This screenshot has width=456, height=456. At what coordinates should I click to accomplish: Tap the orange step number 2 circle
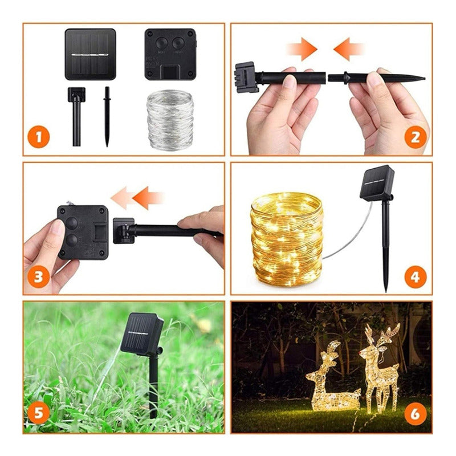click(x=416, y=137)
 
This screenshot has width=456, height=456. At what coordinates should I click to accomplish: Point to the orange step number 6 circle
click(x=416, y=414)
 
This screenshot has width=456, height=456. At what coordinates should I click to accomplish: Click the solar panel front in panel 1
click(x=90, y=54)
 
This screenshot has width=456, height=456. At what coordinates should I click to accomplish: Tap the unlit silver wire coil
click(x=170, y=119)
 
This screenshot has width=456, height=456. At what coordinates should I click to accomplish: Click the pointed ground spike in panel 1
click(x=107, y=116)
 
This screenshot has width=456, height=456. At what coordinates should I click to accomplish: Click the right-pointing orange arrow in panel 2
click(x=303, y=50)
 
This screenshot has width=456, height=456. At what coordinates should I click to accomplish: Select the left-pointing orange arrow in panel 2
click(x=348, y=50)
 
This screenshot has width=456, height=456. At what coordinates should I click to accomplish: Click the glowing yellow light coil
click(x=287, y=238)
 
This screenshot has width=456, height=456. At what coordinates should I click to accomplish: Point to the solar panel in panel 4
click(x=377, y=182)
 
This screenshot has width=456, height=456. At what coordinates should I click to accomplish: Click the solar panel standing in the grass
click(x=142, y=334)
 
